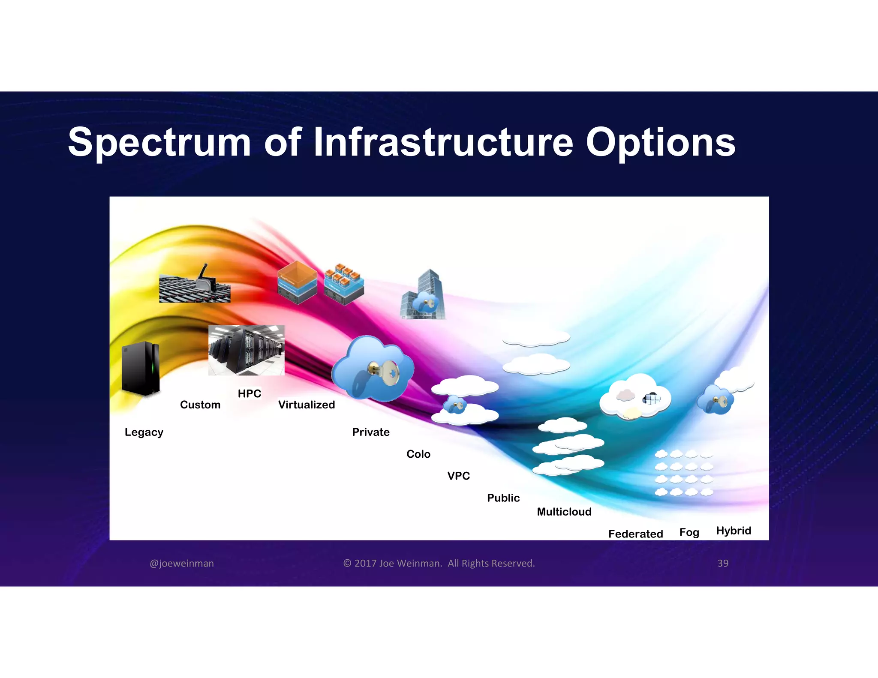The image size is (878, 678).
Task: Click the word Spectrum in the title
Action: [159, 143]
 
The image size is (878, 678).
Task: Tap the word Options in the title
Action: [660, 143]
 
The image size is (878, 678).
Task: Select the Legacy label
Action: [144, 432]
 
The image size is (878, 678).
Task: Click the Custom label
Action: [200, 405]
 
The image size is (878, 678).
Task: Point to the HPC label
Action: [250, 393]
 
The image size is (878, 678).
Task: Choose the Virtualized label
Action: [307, 405]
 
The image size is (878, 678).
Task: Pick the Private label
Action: [371, 432]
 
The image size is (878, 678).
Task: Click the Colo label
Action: [418, 454]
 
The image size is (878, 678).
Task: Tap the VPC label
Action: [459, 476]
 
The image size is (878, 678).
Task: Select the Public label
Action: [503, 498]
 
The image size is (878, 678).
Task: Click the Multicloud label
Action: [564, 512]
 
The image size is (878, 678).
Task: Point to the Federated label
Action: [635, 534]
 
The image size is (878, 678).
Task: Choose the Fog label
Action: [689, 532]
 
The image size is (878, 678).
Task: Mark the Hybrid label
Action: [734, 531]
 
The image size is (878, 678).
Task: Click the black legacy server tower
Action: [141, 368]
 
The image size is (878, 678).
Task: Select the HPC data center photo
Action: [246, 350]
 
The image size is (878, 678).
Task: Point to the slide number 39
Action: [723, 563]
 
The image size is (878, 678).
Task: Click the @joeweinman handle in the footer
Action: [182, 563]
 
